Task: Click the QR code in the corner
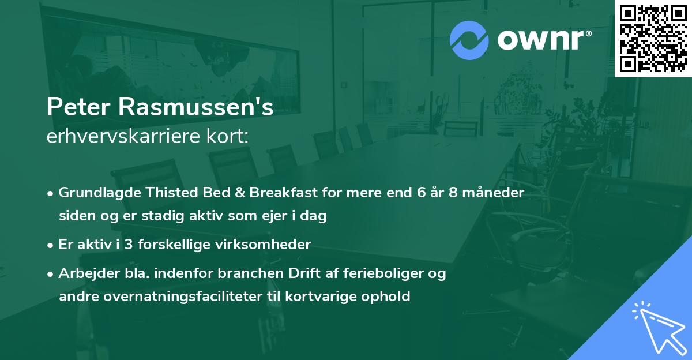(653, 39)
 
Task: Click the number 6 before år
(419, 193)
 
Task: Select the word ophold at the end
(386, 297)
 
